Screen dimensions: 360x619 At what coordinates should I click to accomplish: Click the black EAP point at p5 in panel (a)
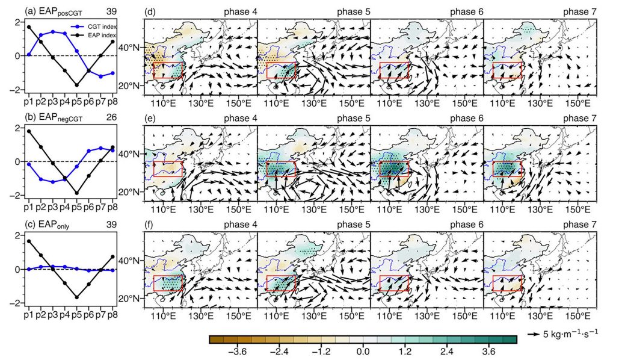(76, 85)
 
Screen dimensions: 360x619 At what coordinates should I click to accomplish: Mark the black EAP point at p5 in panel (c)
(76, 297)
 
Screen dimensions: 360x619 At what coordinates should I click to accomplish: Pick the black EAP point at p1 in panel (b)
(28, 131)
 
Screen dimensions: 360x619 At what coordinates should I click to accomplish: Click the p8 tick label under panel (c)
(112, 314)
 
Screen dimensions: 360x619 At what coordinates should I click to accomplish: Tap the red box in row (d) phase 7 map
(507, 70)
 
